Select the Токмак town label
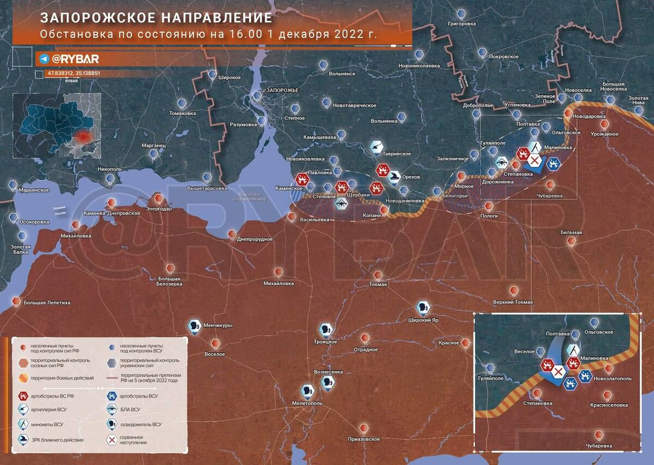(378, 284)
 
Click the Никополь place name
(110, 169)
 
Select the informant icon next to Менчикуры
(193, 326)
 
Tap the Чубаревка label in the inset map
(599, 446)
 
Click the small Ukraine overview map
(57, 125)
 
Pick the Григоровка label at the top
(462, 23)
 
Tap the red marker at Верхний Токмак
(512, 290)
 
